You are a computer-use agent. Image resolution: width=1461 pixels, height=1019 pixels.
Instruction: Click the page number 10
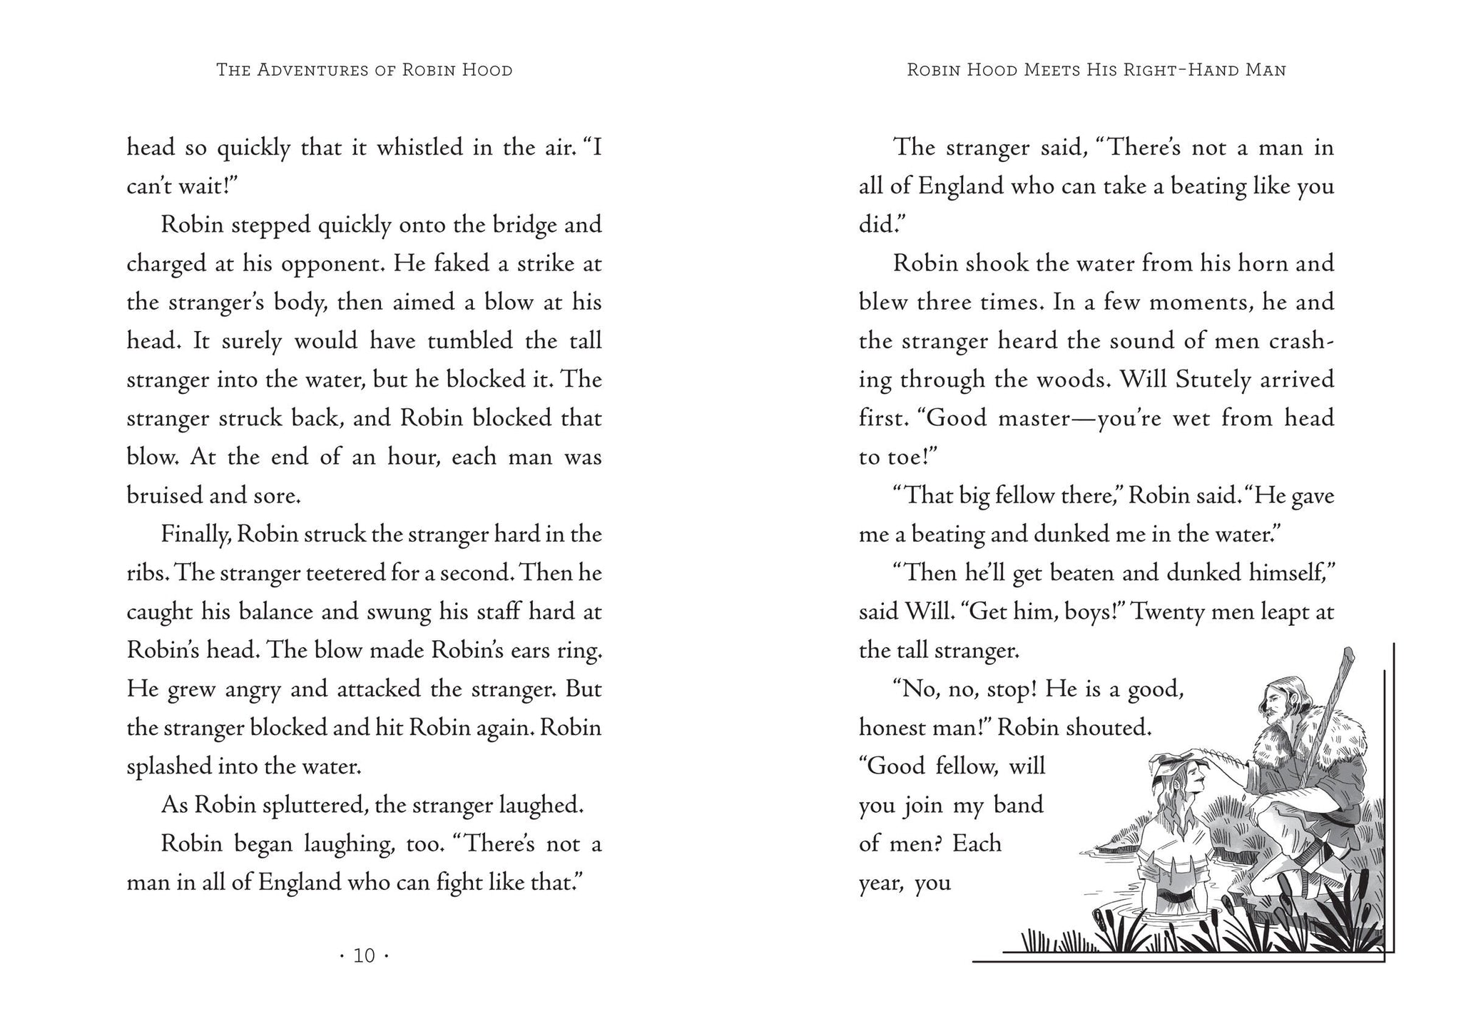364,955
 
